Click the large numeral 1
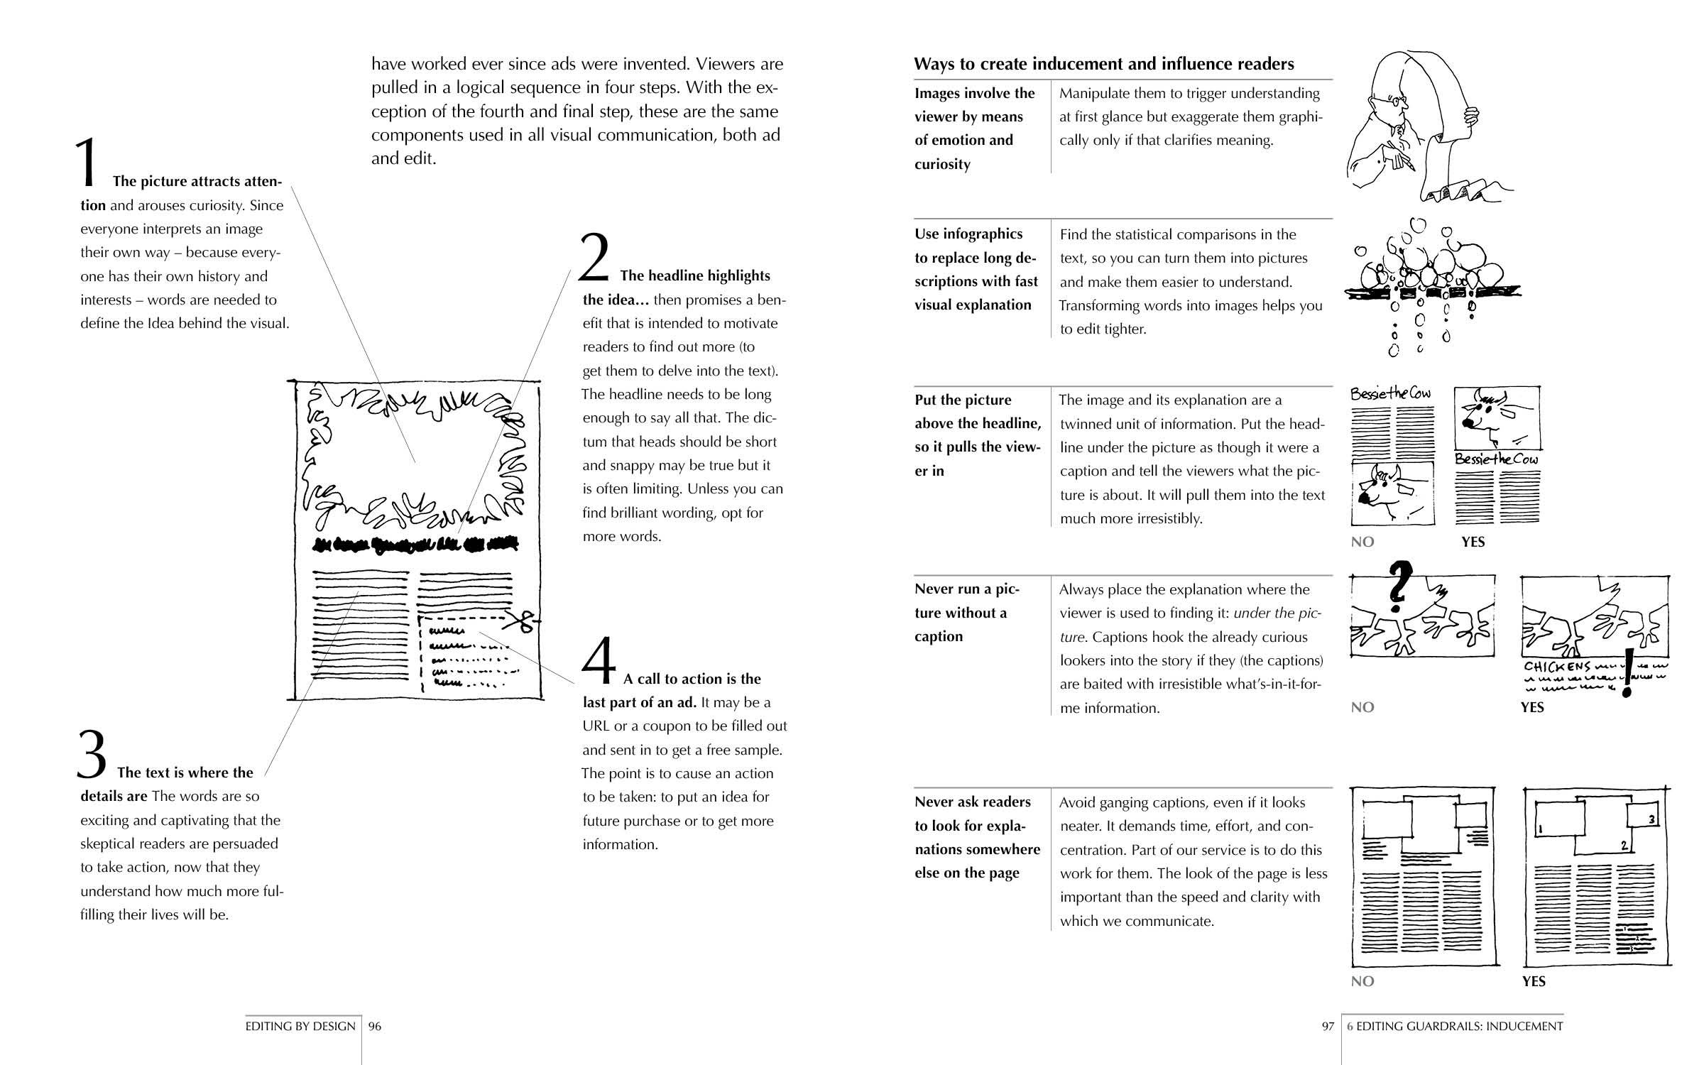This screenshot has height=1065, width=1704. click(87, 163)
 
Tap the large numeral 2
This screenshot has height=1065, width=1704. click(594, 258)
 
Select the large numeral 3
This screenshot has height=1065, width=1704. click(92, 755)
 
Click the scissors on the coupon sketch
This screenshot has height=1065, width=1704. click(524, 621)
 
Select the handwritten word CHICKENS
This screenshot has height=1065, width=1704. click(1557, 667)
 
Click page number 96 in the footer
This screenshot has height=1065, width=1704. click(375, 1026)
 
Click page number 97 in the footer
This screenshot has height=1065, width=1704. click(1328, 1026)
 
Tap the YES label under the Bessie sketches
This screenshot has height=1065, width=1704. click(1473, 542)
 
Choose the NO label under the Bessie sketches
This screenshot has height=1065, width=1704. click(1362, 542)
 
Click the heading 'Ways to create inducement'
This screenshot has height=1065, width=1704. click(1103, 64)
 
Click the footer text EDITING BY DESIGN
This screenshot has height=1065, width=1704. click(300, 1026)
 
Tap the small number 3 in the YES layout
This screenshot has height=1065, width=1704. click(1651, 819)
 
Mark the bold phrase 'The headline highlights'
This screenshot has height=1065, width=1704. click(694, 275)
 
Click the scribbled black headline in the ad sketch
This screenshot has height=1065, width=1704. click(415, 545)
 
